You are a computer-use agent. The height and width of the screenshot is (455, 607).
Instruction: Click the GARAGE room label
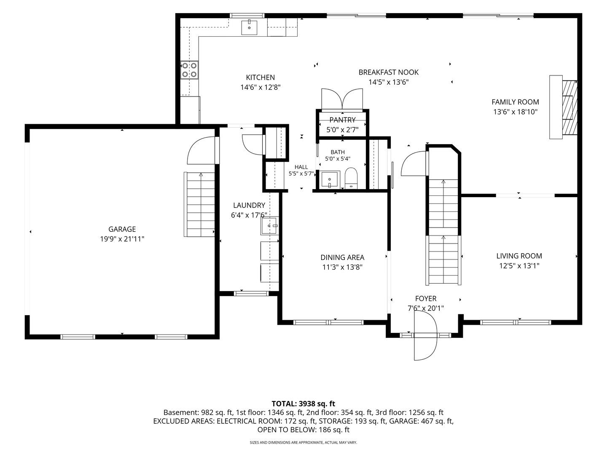[x=122, y=229]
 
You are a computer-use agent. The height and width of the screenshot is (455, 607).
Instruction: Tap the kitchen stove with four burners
[x=189, y=70]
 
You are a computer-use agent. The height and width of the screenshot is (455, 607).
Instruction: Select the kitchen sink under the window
[x=249, y=28]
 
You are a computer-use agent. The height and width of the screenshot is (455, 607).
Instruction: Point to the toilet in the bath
[x=351, y=178]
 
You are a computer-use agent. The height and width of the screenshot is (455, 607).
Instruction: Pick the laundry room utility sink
[x=269, y=226]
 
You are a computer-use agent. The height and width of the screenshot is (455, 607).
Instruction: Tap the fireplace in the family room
[x=564, y=107]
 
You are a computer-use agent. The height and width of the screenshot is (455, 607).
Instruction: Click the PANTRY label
[x=342, y=120]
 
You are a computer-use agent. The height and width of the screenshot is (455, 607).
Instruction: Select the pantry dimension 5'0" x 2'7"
[x=342, y=130]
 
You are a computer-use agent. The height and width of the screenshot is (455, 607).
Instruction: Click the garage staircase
[x=199, y=204]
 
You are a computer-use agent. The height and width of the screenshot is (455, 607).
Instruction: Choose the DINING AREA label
[x=342, y=257]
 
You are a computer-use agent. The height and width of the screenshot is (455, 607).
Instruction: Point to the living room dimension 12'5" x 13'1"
[x=519, y=266]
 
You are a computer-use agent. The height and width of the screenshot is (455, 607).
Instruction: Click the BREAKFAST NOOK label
[x=389, y=72]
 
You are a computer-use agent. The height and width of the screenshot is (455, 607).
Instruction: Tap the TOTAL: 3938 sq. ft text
[x=303, y=404]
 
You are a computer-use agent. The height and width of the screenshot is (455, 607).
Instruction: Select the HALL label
[x=301, y=167]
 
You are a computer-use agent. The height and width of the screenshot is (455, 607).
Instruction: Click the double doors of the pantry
[x=342, y=99]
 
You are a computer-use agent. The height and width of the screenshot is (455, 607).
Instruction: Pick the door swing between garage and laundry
[x=201, y=150]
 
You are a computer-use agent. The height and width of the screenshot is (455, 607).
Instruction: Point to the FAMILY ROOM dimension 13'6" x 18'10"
[x=515, y=112]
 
